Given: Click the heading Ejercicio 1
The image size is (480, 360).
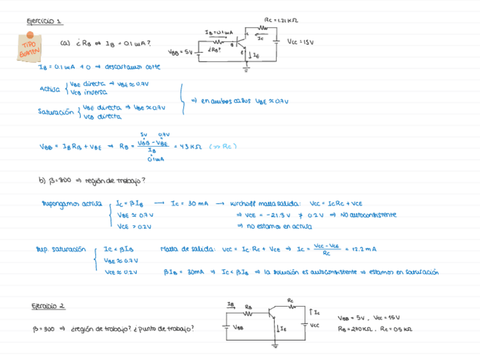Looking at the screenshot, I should click(x=45, y=22).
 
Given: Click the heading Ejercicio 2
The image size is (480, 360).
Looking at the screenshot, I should click(x=48, y=306).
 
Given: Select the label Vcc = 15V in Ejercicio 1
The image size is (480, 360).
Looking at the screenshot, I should click(x=301, y=42).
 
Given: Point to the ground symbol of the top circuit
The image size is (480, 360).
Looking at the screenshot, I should click(x=246, y=70).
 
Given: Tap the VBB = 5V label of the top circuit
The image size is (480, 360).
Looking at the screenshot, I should click(x=181, y=52).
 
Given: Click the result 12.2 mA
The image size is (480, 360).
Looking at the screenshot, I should click(x=365, y=248).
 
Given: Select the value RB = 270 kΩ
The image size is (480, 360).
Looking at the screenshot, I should click(x=357, y=328).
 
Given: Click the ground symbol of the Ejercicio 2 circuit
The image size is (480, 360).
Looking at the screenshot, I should click(x=276, y=345).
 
